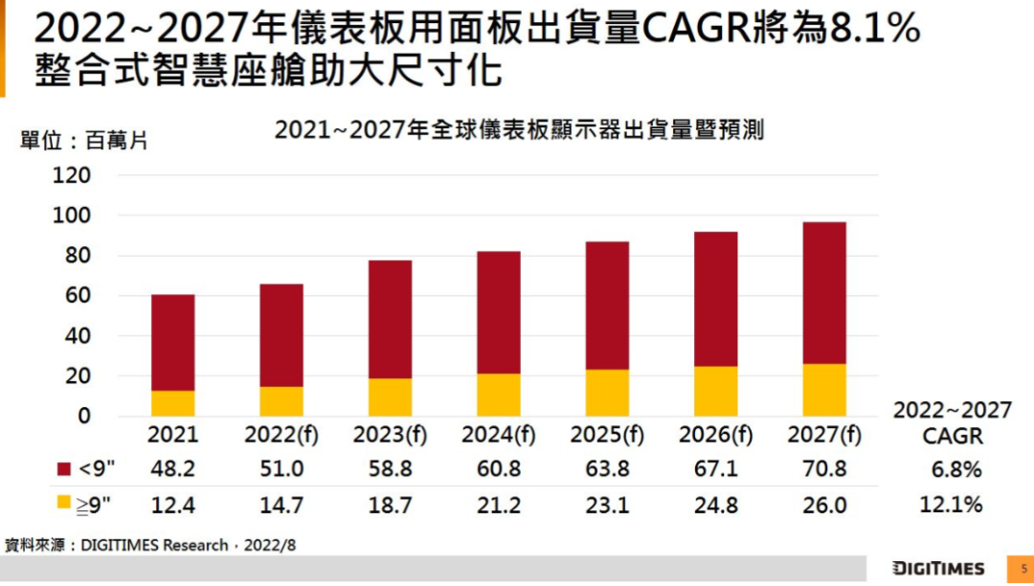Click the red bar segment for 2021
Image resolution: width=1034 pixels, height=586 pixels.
point(173,343)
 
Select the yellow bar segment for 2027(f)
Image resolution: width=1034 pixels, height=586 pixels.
point(824,390)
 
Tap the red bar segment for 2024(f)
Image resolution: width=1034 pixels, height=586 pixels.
point(499,312)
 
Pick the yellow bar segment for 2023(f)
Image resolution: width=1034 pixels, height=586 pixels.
point(390,396)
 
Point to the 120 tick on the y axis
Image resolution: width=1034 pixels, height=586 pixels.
point(73,175)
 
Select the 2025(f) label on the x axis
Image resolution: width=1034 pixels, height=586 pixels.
point(608,435)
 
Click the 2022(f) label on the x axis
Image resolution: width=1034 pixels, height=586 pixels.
point(281,435)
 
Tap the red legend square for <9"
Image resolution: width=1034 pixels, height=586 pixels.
point(64,469)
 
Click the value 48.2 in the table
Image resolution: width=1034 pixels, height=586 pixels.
point(173,469)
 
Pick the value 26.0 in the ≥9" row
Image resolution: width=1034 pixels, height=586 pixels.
point(824,505)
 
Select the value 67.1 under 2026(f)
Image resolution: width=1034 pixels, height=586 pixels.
point(716,469)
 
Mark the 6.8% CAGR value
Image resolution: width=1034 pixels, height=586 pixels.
point(956,470)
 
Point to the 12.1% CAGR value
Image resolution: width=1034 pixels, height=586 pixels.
point(952,505)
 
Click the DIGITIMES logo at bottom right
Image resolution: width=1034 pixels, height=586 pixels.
point(938,569)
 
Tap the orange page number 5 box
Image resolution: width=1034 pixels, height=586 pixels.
point(1020,569)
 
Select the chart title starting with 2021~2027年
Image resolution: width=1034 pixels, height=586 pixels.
point(519,130)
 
